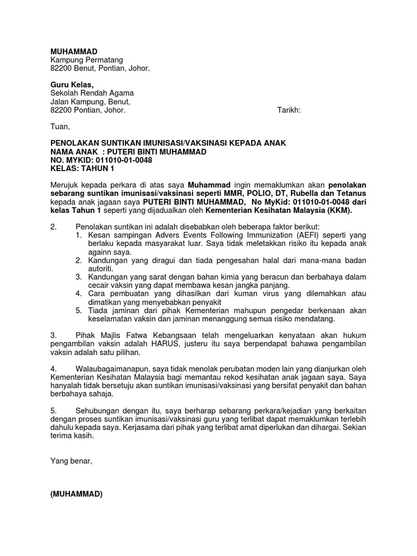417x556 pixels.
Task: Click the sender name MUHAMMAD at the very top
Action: click(x=74, y=51)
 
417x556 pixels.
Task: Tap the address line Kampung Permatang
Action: click(x=87, y=60)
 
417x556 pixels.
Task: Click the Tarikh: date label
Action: click(x=289, y=110)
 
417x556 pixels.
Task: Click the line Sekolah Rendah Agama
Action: click(x=92, y=93)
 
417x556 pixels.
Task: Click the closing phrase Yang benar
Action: click(x=71, y=461)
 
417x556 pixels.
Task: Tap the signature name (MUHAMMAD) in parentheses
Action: click(x=77, y=494)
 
